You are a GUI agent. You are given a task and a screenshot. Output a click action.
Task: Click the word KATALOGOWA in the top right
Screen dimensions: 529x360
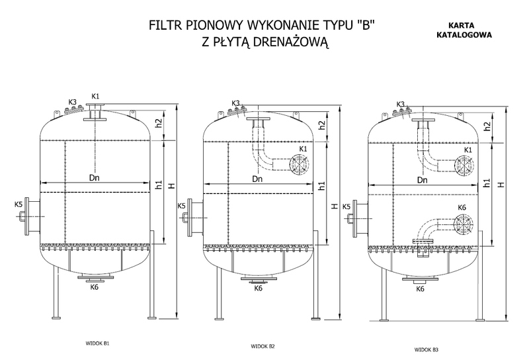[464, 35]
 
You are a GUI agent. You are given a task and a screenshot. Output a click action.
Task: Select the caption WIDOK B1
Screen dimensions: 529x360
[97, 343]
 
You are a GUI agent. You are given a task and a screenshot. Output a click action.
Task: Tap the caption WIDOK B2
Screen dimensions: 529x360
[263, 346]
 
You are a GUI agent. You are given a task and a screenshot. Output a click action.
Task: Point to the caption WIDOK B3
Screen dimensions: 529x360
[427, 350]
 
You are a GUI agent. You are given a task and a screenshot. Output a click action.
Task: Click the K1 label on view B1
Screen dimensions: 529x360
[95, 96]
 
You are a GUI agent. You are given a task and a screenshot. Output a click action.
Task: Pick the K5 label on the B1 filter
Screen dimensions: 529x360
[19, 204]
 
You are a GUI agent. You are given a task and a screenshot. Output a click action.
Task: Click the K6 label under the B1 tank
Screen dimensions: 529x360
[95, 287]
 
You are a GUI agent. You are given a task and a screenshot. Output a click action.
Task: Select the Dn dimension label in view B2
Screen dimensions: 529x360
[257, 179]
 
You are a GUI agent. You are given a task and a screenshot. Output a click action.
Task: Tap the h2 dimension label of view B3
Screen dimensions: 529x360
[487, 126]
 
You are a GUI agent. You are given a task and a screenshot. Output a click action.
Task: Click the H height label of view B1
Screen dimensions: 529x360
[173, 185]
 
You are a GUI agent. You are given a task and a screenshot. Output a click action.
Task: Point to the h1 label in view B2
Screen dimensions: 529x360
[322, 185]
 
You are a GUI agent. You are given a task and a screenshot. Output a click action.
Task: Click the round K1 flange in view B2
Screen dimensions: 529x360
[299, 163]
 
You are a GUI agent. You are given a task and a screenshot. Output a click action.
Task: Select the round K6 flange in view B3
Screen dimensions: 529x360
[464, 224]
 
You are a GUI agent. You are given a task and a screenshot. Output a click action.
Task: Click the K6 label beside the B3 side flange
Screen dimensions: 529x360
[462, 207]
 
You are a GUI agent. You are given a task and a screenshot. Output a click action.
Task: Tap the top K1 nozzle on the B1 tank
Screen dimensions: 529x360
[96, 112]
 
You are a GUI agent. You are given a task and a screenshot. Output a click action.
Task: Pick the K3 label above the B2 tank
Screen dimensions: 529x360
[235, 103]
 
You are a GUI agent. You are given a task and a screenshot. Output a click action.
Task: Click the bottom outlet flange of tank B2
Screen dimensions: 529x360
[259, 279]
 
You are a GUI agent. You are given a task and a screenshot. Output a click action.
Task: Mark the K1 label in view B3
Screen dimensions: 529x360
[468, 150]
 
